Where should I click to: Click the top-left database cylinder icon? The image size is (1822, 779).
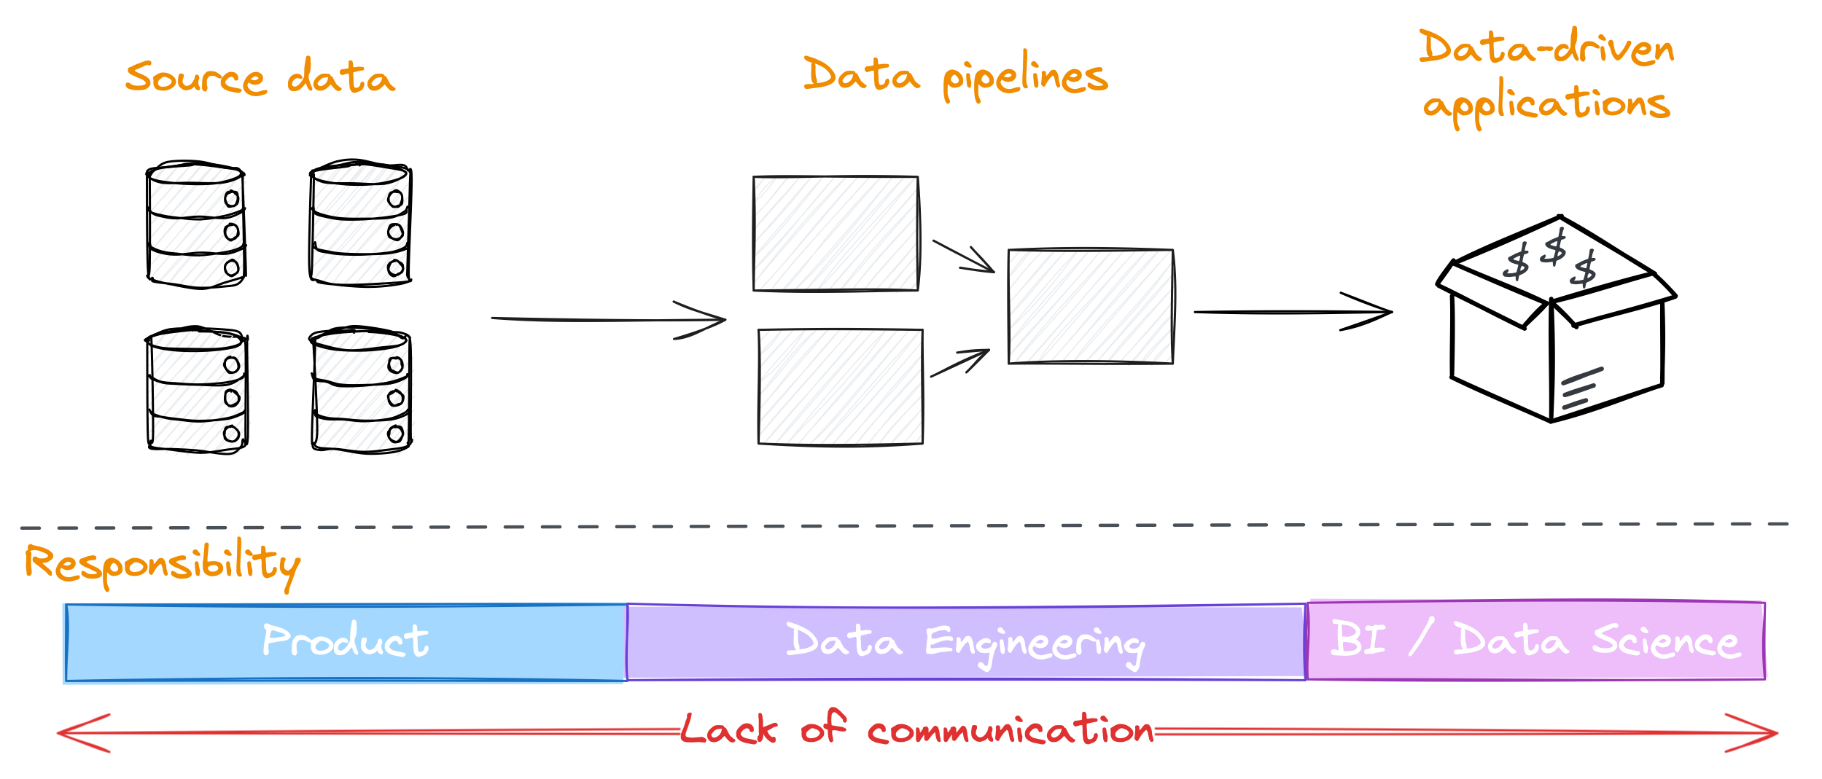coord(195,224)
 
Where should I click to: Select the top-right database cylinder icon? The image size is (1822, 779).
coord(360,223)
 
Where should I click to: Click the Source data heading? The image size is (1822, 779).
coord(260,78)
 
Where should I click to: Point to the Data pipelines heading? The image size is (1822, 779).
coord(955,77)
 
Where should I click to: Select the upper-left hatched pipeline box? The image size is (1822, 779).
coord(836,233)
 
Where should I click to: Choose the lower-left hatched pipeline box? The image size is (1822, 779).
coord(840,386)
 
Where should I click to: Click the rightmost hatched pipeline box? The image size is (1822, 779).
coord(1091,307)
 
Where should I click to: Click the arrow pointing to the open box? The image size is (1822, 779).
coord(1292,312)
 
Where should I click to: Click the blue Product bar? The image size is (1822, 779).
coord(346,641)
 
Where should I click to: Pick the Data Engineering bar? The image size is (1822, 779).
coord(965,641)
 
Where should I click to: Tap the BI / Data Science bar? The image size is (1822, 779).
coord(1535,640)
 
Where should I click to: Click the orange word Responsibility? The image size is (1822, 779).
coord(162,565)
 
